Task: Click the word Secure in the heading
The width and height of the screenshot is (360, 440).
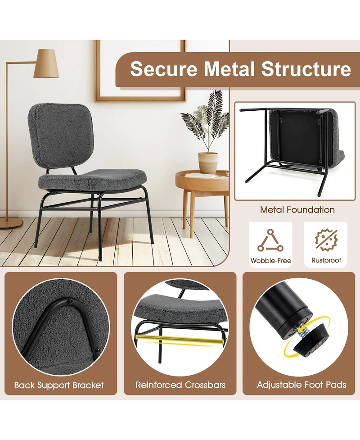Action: click(163, 69)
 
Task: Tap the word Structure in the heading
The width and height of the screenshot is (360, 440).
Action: click(306, 69)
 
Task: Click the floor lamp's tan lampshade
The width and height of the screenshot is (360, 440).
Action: click(46, 64)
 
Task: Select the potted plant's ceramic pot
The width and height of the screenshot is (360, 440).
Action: click(208, 163)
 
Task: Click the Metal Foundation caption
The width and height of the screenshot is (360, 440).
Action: click(297, 210)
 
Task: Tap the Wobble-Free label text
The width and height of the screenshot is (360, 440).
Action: click(271, 260)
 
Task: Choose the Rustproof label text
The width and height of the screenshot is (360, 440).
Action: click(326, 260)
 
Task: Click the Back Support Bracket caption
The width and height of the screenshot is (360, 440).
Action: click(59, 385)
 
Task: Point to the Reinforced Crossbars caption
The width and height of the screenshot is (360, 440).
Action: click(180, 385)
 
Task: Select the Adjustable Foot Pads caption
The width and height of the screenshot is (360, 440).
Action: click(301, 385)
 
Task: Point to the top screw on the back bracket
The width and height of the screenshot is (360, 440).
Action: click(71, 301)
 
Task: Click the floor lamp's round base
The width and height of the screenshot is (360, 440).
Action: click(11, 223)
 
